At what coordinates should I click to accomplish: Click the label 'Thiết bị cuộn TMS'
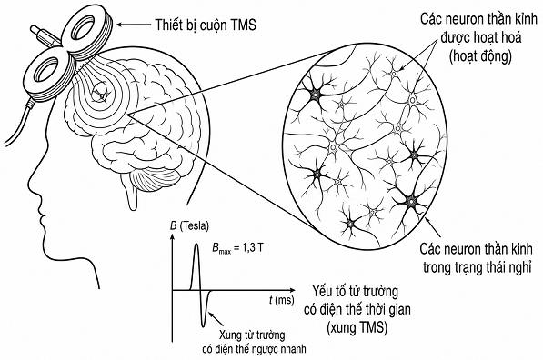[x=206, y=25]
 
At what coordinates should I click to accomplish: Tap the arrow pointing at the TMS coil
[x=134, y=25]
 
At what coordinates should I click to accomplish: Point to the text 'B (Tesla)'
[x=189, y=226]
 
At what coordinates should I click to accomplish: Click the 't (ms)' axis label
[x=282, y=300]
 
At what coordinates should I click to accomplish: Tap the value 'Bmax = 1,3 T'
[x=236, y=248]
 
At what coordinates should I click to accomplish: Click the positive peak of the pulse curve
[x=196, y=245]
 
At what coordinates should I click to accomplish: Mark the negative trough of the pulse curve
[x=206, y=325]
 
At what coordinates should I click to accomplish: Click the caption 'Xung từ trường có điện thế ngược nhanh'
[x=254, y=342]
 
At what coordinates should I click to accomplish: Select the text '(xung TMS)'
[x=357, y=327]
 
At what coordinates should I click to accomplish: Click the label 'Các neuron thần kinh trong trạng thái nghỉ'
[x=477, y=258]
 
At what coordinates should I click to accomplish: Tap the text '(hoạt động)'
[x=480, y=56]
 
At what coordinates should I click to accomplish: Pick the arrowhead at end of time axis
[x=293, y=290]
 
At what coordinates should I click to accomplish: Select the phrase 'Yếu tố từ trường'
[x=355, y=291]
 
